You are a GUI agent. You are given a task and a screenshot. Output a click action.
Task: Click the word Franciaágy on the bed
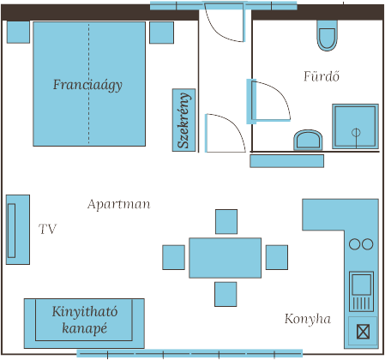tap(87, 85)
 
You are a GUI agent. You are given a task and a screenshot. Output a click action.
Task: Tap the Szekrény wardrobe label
tap(183, 120)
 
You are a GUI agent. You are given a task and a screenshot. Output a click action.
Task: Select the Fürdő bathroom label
tap(322, 76)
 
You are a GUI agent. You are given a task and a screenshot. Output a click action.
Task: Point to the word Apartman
tap(118, 204)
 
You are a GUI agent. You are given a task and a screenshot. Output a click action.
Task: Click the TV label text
tap(48, 229)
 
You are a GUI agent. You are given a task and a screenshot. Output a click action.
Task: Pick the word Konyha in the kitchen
tap(308, 319)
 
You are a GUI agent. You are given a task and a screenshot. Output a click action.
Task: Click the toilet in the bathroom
tap(328, 35)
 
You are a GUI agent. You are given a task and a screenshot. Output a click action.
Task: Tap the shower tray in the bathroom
tap(355, 126)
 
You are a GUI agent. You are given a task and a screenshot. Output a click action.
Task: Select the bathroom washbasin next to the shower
tap(308, 140)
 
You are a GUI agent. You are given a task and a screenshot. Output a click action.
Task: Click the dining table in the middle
tap(225, 258)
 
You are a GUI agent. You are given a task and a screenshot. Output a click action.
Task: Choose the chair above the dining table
tap(226, 222)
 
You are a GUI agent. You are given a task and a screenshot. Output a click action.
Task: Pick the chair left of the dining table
tap(173, 257)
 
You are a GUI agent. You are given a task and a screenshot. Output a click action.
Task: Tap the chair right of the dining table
tap(277, 257)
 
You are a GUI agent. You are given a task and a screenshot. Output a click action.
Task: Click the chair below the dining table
tap(226, 294)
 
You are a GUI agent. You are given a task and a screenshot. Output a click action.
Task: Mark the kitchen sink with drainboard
tap(361, 291)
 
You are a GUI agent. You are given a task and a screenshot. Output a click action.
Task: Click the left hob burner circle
tap(355, 244)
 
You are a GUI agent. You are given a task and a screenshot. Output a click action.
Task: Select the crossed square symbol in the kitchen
tap(364, 332)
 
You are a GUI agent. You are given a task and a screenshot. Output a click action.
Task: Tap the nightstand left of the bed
tap(18, 32)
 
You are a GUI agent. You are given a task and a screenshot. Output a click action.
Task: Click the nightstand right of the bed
tap(161, 33)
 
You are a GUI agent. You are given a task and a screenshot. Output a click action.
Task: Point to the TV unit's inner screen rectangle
tap(12, 231)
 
